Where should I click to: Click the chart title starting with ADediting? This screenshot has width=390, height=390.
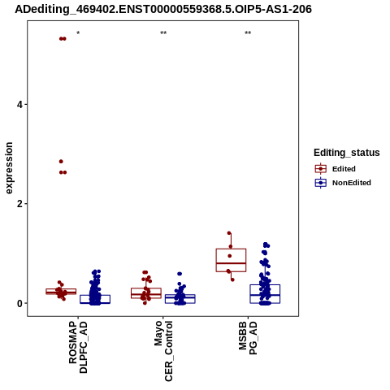(x=163, y=9)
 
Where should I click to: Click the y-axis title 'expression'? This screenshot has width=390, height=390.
(x=9, y=168)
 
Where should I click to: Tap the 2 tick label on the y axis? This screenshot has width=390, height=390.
(x=19, y=204)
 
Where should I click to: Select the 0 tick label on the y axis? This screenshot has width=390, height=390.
(x=19, y=303)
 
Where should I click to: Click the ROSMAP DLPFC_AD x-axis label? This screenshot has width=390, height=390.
(x=78, y=347)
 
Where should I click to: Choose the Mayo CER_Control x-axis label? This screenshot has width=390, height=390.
(x=163, y=351)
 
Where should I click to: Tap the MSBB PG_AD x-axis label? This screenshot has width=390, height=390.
(x=248, y=338)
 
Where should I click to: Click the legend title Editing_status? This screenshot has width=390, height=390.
(x=347, y=153)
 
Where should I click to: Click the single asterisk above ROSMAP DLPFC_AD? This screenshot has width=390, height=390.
(x=78, y=33)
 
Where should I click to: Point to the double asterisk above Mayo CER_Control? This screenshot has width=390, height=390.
(x=163, y=33)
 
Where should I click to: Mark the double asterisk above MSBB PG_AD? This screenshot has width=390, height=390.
(x=248, y=33)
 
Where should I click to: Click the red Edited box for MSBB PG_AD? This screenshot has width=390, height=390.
(x=231, y=249)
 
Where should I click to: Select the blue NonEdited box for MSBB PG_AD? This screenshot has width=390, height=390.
(x=265, y=285)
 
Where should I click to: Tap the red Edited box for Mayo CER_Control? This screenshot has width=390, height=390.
(x=146, y=288)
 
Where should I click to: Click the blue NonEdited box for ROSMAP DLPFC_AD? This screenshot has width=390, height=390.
(x=95, y=296)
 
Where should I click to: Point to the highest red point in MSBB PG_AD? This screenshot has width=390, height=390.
(x=229, y=233)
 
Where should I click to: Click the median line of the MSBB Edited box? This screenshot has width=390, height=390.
(x=231, y=263)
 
